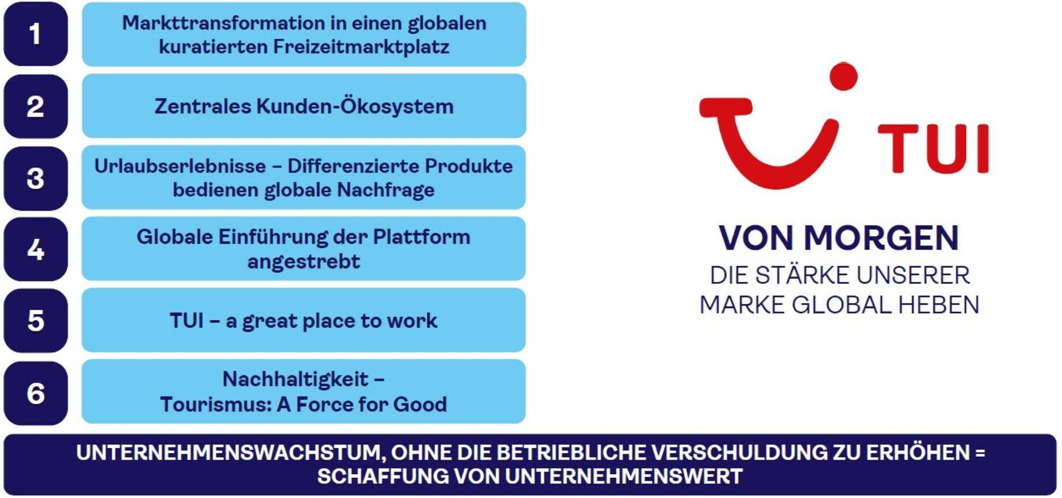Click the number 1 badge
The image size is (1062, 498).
pos(36,34)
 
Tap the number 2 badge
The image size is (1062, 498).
pos(36,106)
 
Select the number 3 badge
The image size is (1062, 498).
pos(36,178)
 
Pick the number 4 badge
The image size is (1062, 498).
pos(36,249)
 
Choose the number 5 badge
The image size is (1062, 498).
pos(36,321)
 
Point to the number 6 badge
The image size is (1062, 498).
pos(36,394)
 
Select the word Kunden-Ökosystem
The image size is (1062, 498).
pos(355,106)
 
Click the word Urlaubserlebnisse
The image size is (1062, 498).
pos(180,166)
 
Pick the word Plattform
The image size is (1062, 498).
pos(421,237)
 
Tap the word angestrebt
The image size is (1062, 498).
pos(304,262)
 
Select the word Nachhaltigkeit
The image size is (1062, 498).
pos(296,379)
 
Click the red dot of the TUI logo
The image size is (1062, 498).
pos(843,77)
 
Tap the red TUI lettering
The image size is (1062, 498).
pos(933,148)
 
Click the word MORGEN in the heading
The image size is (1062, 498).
pos(881,238)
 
